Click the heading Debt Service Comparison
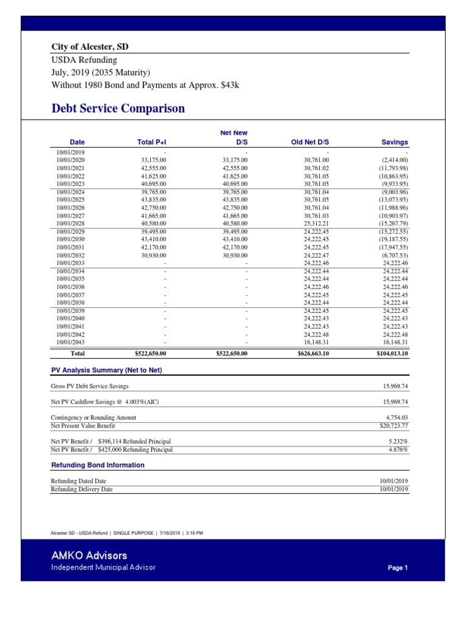pos(118,109)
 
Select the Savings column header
pos(395,142)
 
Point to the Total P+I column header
pos(152,142)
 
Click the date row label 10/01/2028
pos(71,224)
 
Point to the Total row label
pos(78,353)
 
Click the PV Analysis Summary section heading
pos(106,370)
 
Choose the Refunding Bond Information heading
pos(97,465)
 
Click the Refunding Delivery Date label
pos(81,489)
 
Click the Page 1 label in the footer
pos(397,568)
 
